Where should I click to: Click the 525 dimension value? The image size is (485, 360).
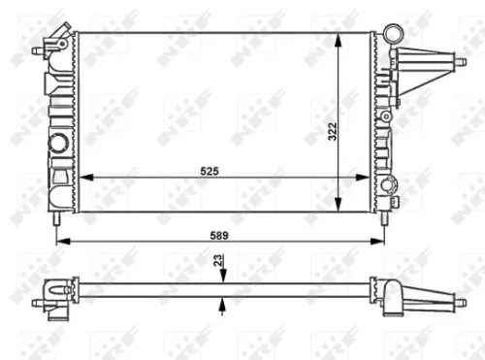pyautogui.click(x=210, y=170)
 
